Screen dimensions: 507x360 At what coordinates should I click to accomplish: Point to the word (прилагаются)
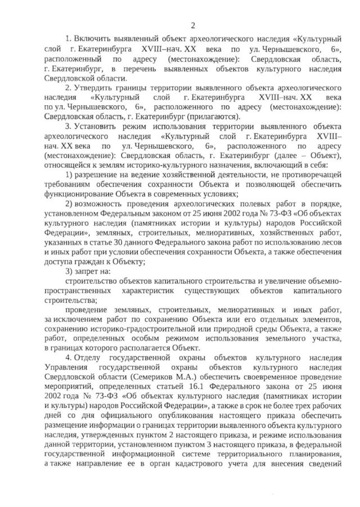pyautogui.click(x=212, y=116)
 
